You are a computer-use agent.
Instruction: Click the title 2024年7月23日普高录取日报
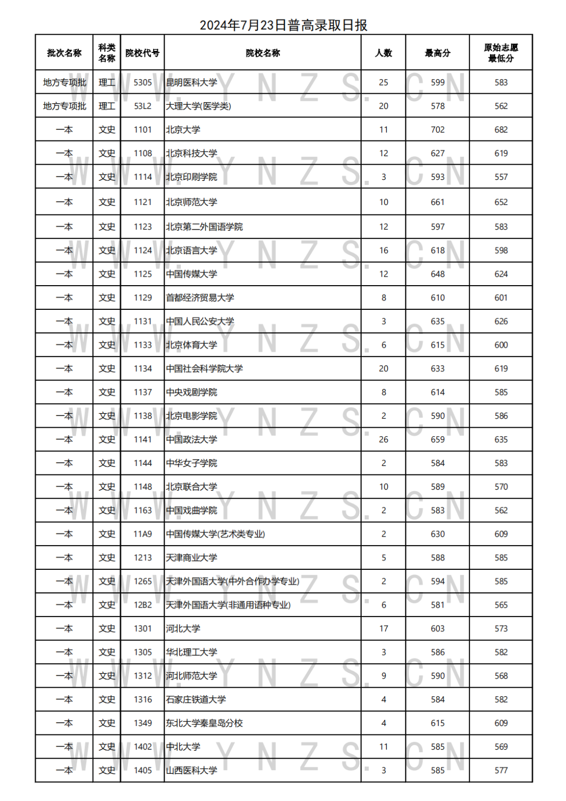tap(283, 25)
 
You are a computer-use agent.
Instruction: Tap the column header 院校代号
tap(142, 53)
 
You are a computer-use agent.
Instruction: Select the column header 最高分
tap(438, 53)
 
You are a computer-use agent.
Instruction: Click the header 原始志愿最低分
tap(500, 53)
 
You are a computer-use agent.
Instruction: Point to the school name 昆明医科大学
tap(191, 83)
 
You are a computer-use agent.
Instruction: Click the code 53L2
tap(143, 106)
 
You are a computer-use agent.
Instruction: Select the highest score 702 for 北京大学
tap(438, 130)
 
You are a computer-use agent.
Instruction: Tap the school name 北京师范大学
tap(191, 202)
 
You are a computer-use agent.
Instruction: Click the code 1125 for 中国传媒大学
tap(143, 274)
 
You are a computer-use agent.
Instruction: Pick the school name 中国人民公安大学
tap(200, 321)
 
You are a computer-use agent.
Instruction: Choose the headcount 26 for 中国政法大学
tap(384, 440)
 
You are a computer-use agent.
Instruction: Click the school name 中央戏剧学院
tap(191, 393)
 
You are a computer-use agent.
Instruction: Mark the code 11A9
tap(143, 534)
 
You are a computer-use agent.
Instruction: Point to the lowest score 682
tap(501, 130)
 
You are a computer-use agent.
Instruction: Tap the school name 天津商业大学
tap(191, 558)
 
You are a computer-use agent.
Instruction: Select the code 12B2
tap(143, 605)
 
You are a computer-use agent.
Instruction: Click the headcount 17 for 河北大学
tap(384, 629)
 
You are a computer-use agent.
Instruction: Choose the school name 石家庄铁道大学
tap(195, 700)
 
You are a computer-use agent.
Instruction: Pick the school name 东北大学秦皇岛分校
tap(204, 723)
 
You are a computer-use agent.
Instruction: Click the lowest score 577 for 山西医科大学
tap(501, 771)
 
